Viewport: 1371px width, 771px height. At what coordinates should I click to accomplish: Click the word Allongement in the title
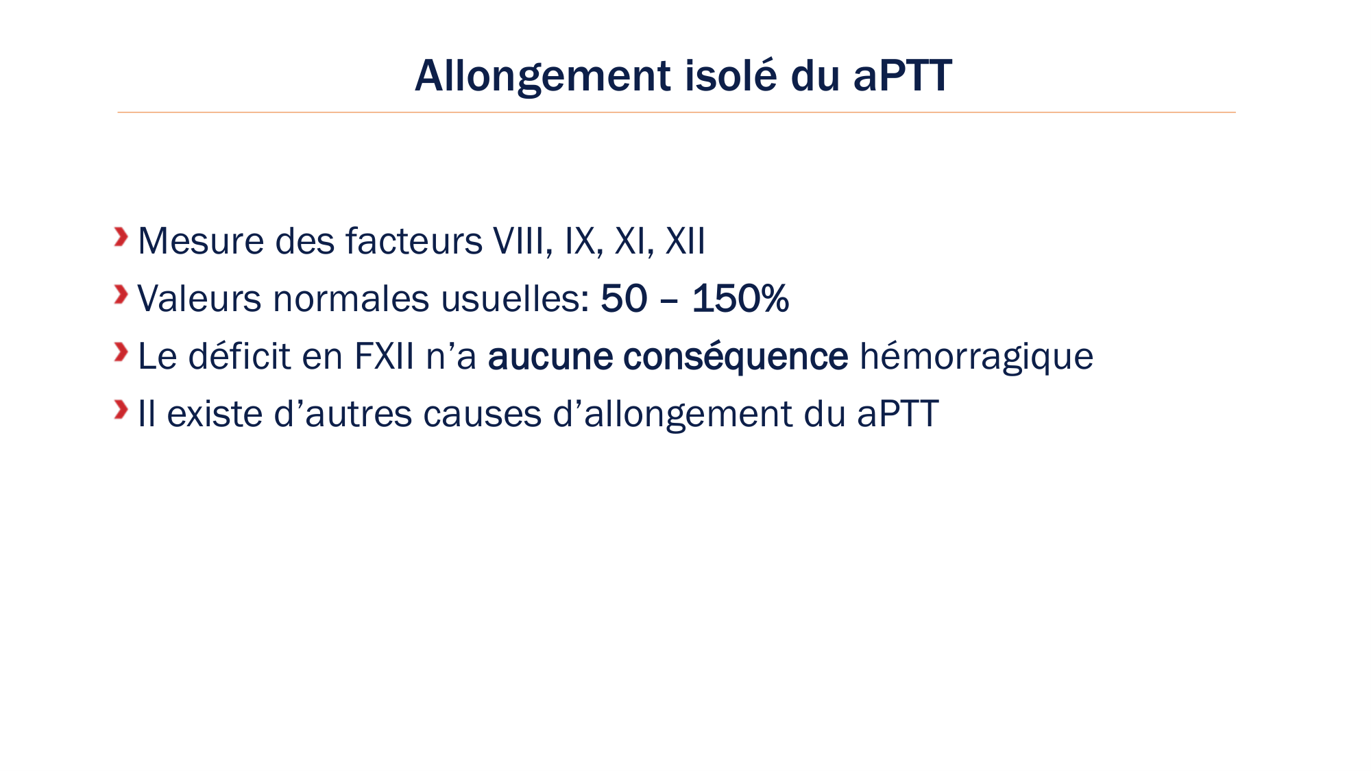click(542, 76)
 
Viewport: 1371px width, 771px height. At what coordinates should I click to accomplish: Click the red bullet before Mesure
click(121, 237)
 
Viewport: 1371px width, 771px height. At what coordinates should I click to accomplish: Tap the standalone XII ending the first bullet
click(685, 241)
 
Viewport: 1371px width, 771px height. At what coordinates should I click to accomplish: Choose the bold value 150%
click(740, 299)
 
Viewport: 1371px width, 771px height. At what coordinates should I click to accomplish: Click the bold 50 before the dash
click(624, 299)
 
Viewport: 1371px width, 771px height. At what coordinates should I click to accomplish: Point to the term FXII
click(384, 356)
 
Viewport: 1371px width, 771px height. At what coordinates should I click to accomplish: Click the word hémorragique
click(976, 357)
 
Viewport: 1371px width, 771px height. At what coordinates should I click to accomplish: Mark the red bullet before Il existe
click(121, 410)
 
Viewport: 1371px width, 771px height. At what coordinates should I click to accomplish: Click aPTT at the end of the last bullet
click(897, 414)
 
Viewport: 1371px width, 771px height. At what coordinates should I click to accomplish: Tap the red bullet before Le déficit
click(121, 352)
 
